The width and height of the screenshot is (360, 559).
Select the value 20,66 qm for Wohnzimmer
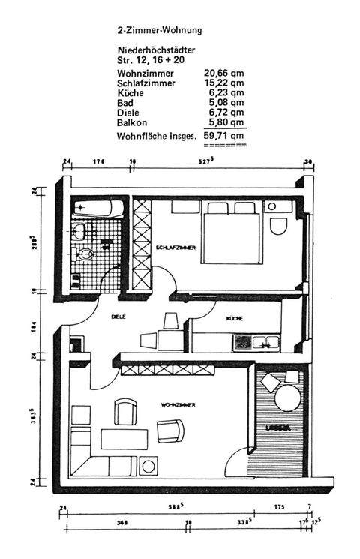coord(224,73)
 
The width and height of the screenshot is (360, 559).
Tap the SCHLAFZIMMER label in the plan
coord(176,247)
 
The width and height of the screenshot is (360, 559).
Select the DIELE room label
coord(118,317)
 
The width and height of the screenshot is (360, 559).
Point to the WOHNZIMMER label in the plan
coord(178,404)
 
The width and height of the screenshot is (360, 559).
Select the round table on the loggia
coord(287,398)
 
